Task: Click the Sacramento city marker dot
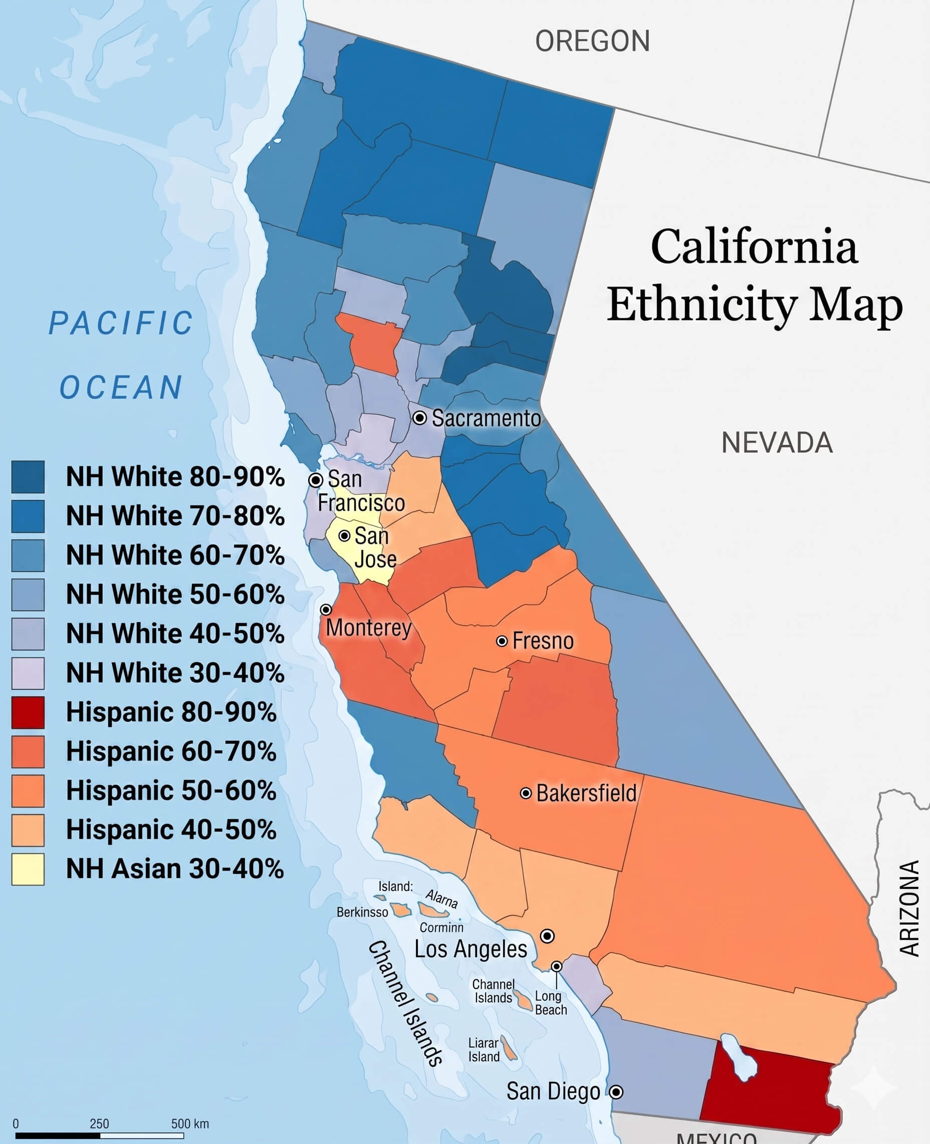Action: (x=419, y=417)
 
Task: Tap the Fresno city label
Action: (x=543, y=641)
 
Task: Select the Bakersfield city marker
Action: (x=526, y=793)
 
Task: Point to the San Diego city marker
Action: (x=617, y=1091)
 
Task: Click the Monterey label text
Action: (x=369, y=628)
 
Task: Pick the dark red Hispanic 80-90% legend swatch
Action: (x=28, y=713)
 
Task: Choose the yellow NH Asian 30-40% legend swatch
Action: (x=28, y=869)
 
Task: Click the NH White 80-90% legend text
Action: (x=175, y=476)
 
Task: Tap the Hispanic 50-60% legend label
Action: (x=171, y=790)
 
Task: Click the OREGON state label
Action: (x=592, y=41)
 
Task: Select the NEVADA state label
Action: (x=777, y=443)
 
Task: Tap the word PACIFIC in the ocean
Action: (x=121, y=323)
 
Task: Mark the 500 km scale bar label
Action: (x=189, y=1123)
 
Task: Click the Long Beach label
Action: (x=551, y=1003)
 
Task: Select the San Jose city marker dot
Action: (x=344, y=535)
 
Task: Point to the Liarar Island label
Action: (x=484, y=1050)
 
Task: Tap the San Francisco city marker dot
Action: (x=316, y=480)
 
